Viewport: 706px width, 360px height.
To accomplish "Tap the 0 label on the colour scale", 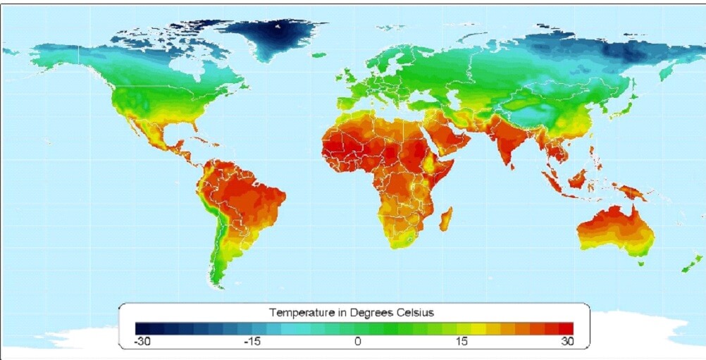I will tap(357, 342).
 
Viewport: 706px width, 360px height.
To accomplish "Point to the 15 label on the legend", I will tap(461, 342).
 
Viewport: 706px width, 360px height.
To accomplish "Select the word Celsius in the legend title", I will tap(416, 311).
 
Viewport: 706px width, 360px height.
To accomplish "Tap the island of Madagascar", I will tap(446, 218).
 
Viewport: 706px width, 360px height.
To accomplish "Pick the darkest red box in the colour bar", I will tap(567, 328).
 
